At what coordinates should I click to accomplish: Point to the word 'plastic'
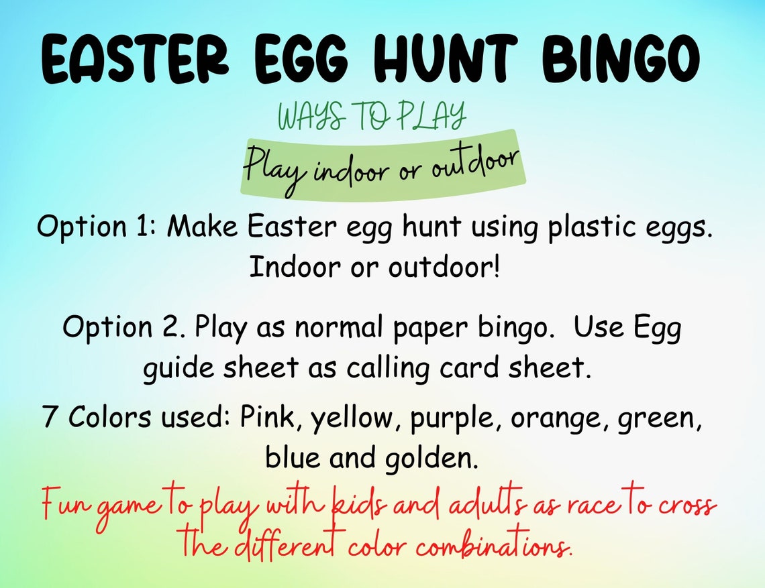point(597,227)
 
